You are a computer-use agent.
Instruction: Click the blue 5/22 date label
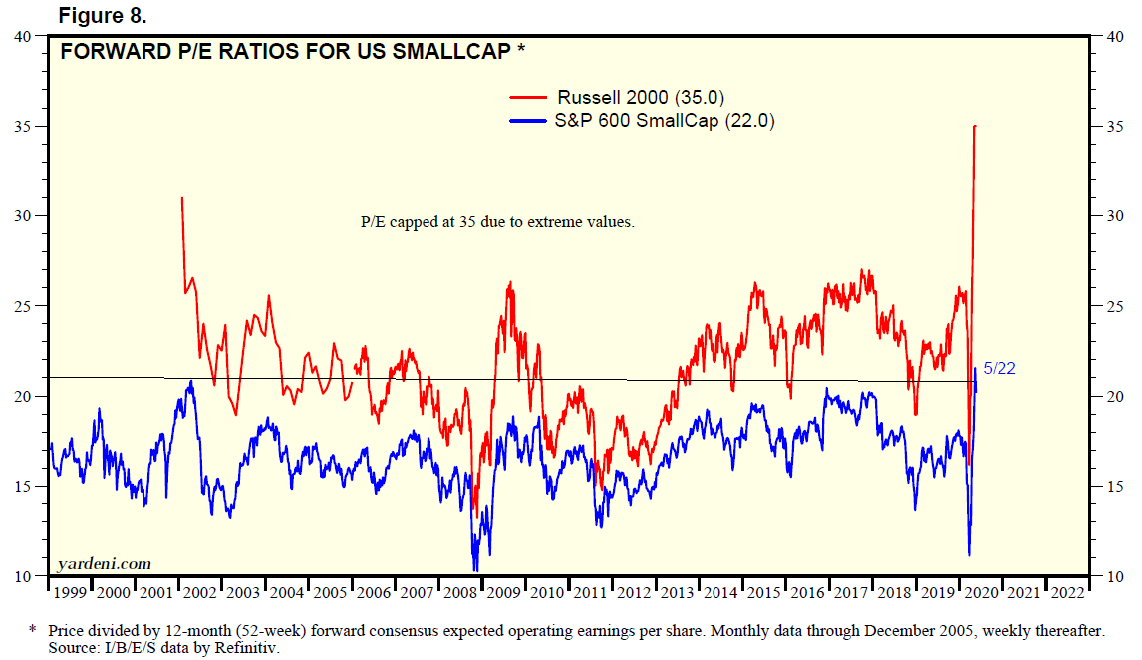[1000, 369]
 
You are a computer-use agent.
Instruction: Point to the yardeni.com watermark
[105, 563]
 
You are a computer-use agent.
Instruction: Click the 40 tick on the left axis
[24, 36]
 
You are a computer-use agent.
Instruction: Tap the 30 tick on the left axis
[24, 216]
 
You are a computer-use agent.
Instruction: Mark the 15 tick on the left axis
[24, 486]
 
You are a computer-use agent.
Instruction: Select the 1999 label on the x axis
[69, 593]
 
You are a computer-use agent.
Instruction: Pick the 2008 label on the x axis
[460, 593]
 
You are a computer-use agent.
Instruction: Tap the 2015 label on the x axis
[763, 593]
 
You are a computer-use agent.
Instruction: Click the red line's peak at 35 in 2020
[974, 127]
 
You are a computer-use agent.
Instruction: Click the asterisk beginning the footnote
[32, 630]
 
